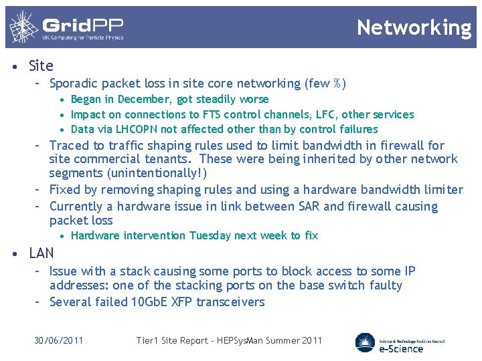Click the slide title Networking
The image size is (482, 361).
(414, 27)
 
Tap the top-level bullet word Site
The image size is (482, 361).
(41, 66)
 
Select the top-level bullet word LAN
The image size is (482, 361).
(42, 253)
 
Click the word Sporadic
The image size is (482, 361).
(74, 84)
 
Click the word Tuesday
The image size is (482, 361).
(210, 235)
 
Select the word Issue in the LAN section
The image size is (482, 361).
(64, 271)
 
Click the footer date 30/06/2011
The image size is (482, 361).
(59, 340)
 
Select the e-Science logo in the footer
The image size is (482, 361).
(400, 342)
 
